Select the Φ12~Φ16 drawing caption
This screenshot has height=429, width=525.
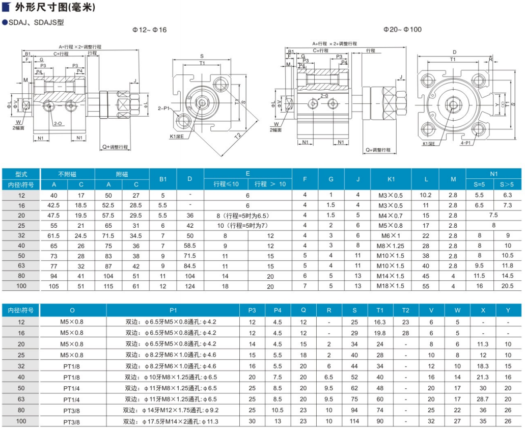[149, 30]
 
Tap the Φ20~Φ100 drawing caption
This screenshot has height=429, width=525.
[402, 30]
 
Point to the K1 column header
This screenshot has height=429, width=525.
[391, 179]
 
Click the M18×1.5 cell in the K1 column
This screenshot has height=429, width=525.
[391, 286]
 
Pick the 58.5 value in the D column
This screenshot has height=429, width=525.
[190, 246]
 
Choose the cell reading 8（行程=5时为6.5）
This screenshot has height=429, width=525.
[243, 216]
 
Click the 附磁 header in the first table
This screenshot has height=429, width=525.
[122, 174]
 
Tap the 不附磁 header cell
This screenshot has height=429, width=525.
[67, 174]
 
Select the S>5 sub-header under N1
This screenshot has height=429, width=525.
[507, 184]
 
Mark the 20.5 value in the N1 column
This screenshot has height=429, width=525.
[508, 286]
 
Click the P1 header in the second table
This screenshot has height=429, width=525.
[173, 310]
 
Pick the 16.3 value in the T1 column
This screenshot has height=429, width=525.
[380, 322]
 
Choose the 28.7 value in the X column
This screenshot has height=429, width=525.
[483, 399]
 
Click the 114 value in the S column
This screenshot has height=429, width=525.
[354, 421]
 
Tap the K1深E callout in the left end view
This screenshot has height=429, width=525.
[177, 137]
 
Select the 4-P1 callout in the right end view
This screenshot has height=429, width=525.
[466, 143]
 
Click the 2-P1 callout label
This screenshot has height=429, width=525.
[164, 109]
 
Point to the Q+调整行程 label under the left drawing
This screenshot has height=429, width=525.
[115, 147]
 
